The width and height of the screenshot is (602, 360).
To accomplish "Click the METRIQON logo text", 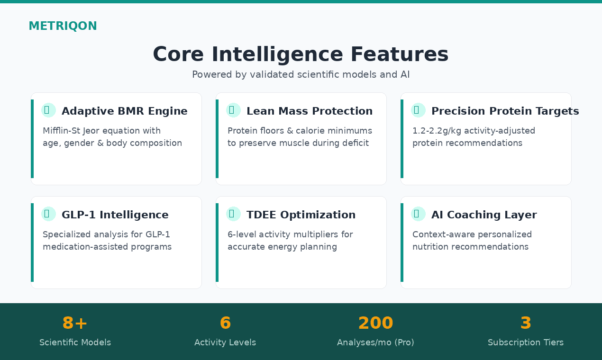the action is pos(63,26).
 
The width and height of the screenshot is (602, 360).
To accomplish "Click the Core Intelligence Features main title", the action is pos(301,54).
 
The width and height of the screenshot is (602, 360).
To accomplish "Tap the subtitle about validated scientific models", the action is pos(301,74).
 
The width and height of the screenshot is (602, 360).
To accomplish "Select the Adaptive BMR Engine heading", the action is pos(125,111).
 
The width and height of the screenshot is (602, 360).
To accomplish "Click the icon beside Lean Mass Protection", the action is pos(233,110).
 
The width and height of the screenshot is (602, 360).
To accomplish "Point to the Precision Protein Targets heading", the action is pos(505,111).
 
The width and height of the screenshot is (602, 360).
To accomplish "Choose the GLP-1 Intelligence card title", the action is pos(115,215).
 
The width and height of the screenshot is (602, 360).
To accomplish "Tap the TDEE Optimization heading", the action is pos(301,215).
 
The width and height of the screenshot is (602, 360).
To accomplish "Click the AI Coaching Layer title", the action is pos(484,215).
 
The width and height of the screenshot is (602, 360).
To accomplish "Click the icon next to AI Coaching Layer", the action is pos(418,214).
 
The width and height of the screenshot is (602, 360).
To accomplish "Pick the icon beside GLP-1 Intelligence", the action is pos(48,214).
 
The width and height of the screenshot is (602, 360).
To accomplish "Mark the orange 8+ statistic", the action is pos(75,323).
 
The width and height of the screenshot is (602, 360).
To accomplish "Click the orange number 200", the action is pos(376,323).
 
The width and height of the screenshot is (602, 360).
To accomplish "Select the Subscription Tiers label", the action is pos(526,342).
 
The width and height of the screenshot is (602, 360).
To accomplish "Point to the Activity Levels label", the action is pos(225,342).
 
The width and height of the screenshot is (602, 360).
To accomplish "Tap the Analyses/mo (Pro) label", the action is pos(376,342).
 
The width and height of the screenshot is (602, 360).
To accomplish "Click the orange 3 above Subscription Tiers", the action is pos(526,323).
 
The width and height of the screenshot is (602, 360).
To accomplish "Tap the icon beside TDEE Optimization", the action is pos(233,214).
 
